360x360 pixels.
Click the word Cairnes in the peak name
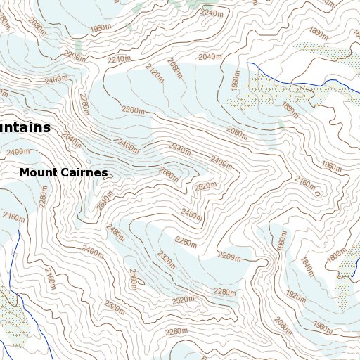click(x=85, y=172)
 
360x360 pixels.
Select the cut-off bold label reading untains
click(x=25, y=127)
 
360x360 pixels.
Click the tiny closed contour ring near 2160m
click(x=318, y=192)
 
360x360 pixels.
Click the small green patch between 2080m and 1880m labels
click(x=281, y=124)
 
